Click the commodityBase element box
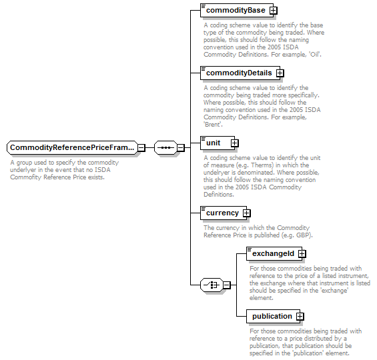coord(237,10)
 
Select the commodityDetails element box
coord(240,73)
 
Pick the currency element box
coord(224,213)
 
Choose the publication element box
coord(273,316)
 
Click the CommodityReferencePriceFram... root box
coord(72,147)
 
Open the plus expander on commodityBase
coord(273,11)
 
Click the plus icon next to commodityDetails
coord(280,73)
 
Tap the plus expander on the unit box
coord(234,143)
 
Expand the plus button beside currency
coord(246,213)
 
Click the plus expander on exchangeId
coord(302,253)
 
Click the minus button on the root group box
coord(141,148)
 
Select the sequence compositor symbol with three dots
coord(165,148)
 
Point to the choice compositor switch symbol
coord(212,285)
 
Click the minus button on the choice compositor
coord(227,285)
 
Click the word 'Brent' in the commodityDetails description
coord(213,125)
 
